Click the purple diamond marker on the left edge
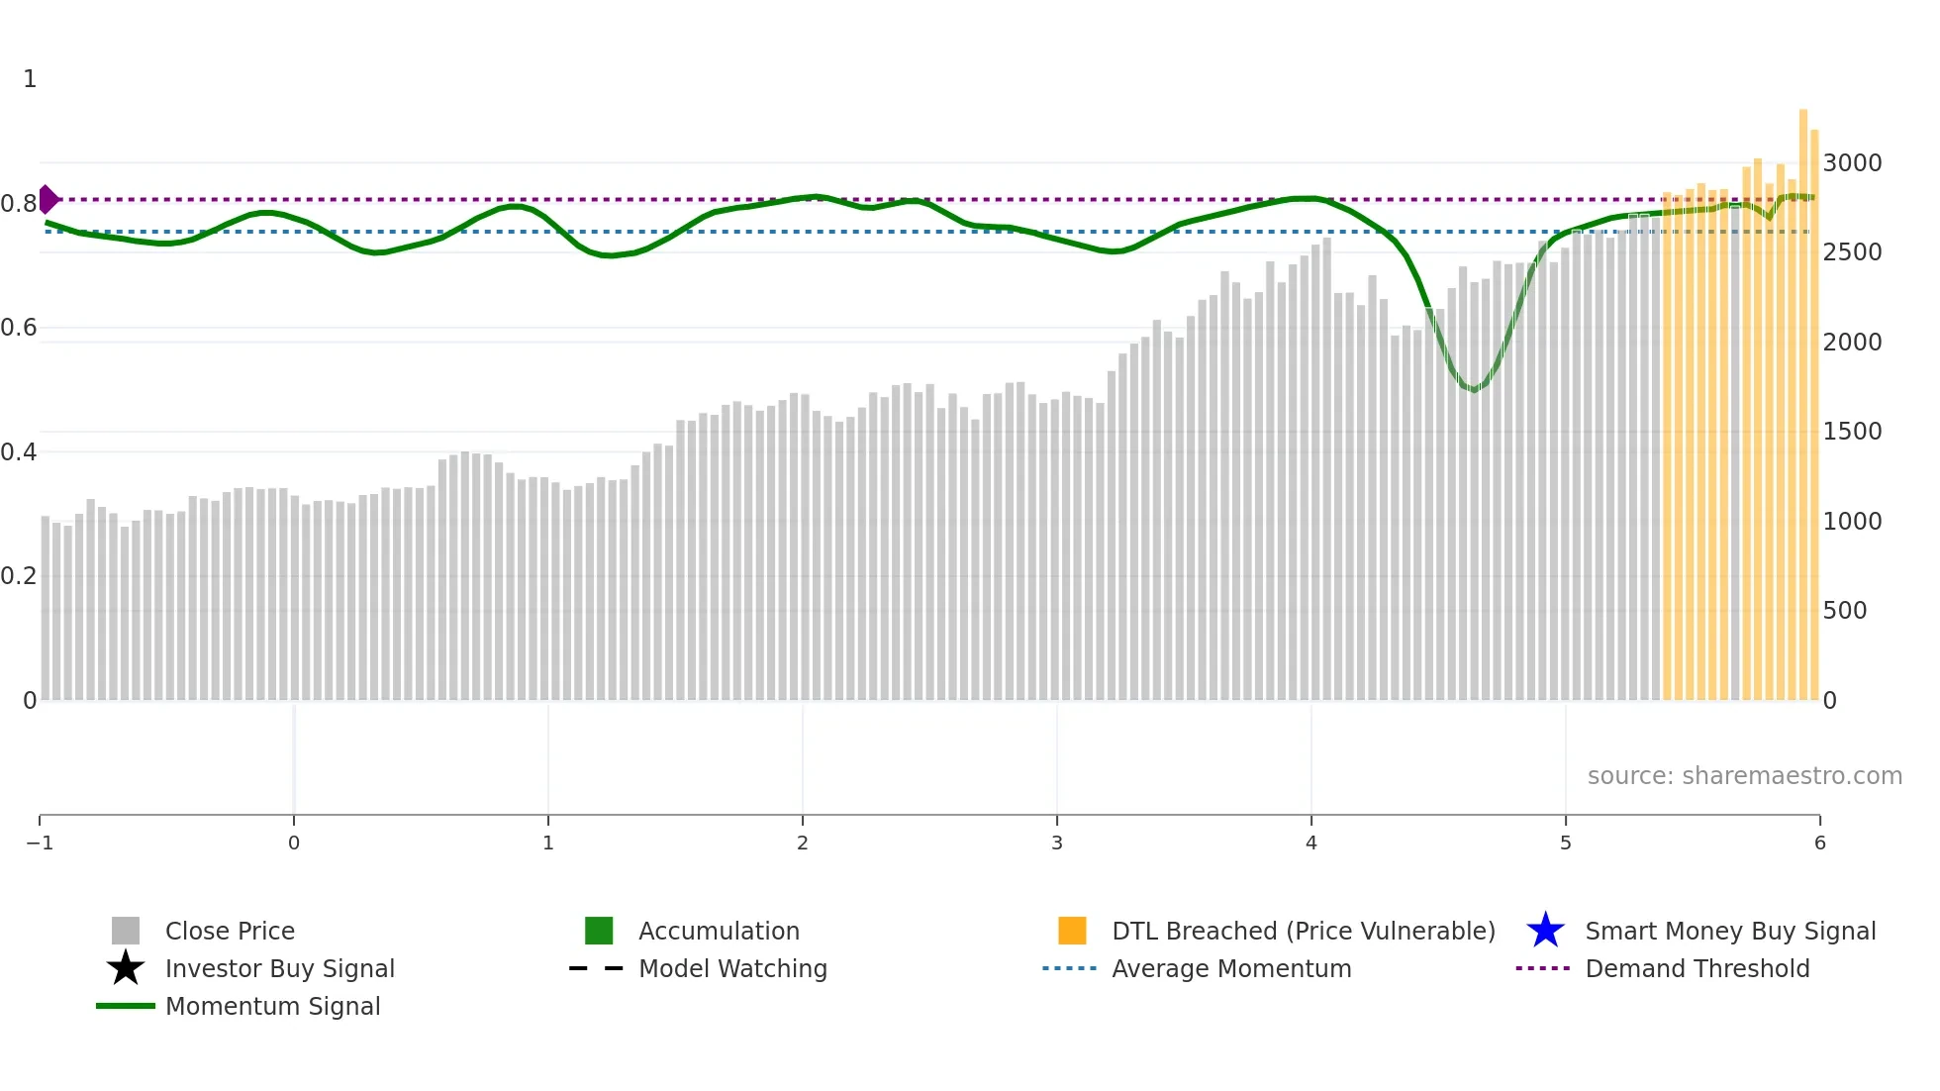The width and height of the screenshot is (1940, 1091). (48, 199)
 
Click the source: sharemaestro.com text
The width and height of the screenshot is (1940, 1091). (1744, 775)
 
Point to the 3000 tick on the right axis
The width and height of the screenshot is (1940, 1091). (1852, 162)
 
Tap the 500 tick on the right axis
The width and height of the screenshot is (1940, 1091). (1845, 610)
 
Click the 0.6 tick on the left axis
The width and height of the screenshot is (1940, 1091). (19, 327)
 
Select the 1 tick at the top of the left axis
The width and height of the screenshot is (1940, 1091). (30, 78)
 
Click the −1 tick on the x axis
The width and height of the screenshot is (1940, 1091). (40, 843)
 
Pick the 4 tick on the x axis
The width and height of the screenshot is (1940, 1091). (1311, 843)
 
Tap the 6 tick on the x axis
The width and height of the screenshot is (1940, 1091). (1819, 843)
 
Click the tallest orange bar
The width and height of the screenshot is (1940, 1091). (1803, 396)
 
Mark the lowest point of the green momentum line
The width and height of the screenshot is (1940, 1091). (1474, 390)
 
